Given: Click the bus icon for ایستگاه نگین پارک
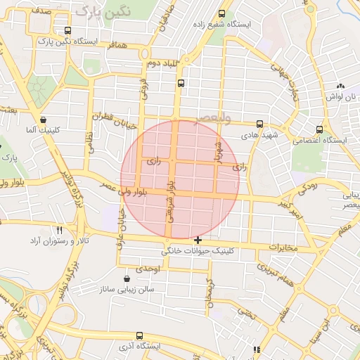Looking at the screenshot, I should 67,30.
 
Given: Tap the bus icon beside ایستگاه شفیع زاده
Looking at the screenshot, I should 222,13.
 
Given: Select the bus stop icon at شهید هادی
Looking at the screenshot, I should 259,123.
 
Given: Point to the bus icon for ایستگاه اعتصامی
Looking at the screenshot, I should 321,129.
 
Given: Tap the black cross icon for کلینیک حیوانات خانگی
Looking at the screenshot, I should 198,240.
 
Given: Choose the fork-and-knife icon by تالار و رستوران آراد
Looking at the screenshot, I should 60,230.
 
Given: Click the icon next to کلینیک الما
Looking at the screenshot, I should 44,120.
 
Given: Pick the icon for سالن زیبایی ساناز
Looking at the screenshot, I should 127,278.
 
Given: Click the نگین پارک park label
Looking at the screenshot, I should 96,11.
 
